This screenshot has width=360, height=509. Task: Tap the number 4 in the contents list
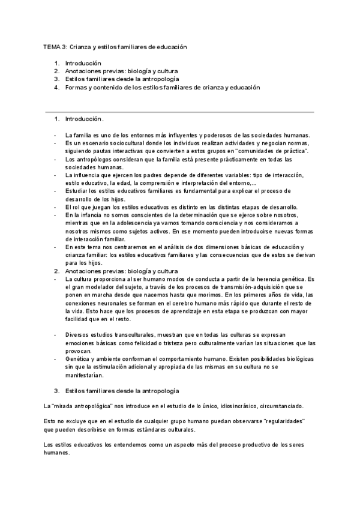point(56,87)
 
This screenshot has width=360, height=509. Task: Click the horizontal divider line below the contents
point(179,112)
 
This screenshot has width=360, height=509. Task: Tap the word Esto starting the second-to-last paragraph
point(50,422)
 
